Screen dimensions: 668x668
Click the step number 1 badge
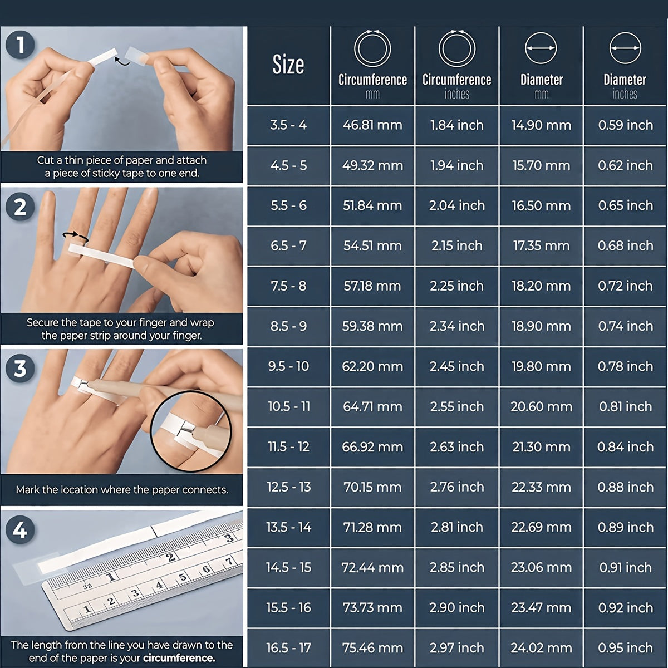click(20, 45)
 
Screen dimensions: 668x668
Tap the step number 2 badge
click(20, 207)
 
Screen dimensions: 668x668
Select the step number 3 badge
click(20, 368)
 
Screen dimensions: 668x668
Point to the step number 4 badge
click(20, 530)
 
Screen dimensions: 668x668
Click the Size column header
click(288, 65)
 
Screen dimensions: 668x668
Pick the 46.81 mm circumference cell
click(372, 125)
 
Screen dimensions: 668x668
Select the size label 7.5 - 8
click(288, 286)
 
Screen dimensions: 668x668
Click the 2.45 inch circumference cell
click(457, 366)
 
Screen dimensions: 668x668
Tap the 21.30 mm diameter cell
click(541, 447)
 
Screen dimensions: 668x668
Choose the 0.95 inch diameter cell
click(625, 648)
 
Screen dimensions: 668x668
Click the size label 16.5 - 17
click(288, 648)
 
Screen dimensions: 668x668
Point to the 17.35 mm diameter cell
click(541, 246)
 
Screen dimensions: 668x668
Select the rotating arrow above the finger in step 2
click(75, 236)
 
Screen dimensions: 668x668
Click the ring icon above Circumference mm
click(372, 48)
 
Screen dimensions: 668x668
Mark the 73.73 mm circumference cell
click(372, 608)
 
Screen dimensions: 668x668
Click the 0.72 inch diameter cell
click(625, 286)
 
